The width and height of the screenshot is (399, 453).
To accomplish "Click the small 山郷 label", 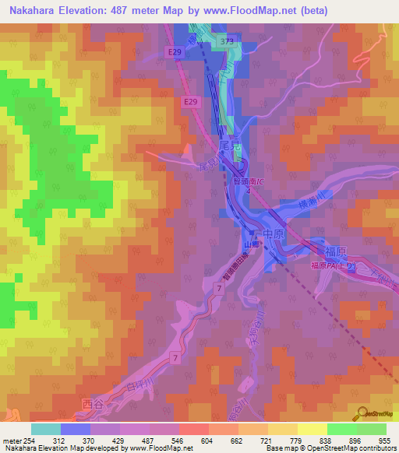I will pos(251,244).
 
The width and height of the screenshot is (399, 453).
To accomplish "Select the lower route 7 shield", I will pos(175,356).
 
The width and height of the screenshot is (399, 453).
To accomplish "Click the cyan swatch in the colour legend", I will pos(46,429).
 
